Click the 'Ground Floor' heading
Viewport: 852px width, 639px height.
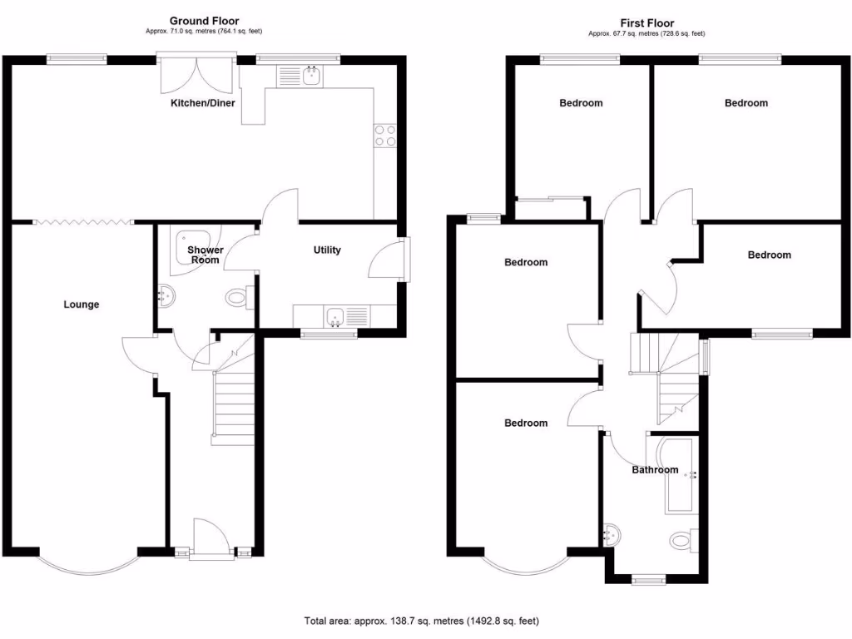(204, 21)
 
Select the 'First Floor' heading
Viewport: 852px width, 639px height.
(646, 23)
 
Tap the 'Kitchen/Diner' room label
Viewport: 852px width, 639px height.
(203, 103)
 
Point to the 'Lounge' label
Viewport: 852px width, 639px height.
(82, 305)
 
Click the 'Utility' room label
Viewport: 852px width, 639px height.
(327, 250)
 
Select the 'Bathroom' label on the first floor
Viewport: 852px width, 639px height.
(655, 470)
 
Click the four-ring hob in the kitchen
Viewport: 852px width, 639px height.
(385, 135)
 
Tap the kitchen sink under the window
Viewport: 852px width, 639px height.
(313, 77)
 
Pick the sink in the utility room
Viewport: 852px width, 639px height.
(337, 315)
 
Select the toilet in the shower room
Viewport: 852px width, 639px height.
(238, 295)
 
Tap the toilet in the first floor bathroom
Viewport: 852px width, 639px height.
(683, 541)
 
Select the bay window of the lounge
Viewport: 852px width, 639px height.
(87, 564)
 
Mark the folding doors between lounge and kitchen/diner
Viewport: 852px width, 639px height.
(83, 221)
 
